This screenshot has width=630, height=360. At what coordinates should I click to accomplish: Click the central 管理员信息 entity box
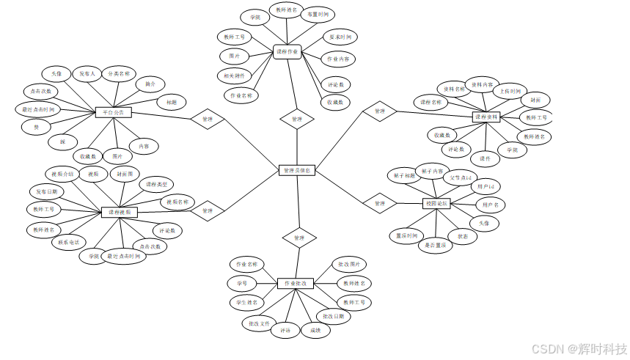click(x=297, y=170)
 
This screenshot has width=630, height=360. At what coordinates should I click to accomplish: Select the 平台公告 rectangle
click(x=114, y=112)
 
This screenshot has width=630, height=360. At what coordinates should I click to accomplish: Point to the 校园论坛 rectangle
click(x=438, y=203)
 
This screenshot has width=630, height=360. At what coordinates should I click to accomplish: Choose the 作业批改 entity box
click(x=296, y=282)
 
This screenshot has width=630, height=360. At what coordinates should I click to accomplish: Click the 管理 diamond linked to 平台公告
click(x=207, y=118)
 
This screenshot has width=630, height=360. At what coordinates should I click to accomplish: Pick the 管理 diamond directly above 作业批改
click(x=298, y=238)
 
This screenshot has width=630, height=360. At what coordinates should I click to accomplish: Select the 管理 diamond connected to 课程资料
click(x=379, y=111)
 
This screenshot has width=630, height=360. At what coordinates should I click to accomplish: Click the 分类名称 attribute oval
click(x=117, y=74)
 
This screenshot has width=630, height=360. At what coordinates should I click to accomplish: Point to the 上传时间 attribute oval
click(x=507, y=91)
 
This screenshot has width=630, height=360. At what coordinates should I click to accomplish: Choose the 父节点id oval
click(x=462, y=177)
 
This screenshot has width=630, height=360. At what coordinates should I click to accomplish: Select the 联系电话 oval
click(x=69, y=242)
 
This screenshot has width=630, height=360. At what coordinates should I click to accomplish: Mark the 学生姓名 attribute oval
click(x=246, y=302)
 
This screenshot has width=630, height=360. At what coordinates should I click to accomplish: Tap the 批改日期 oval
click(x=334, y=316)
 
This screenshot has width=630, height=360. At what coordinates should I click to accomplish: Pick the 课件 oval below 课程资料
click(x=485, y=158)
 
